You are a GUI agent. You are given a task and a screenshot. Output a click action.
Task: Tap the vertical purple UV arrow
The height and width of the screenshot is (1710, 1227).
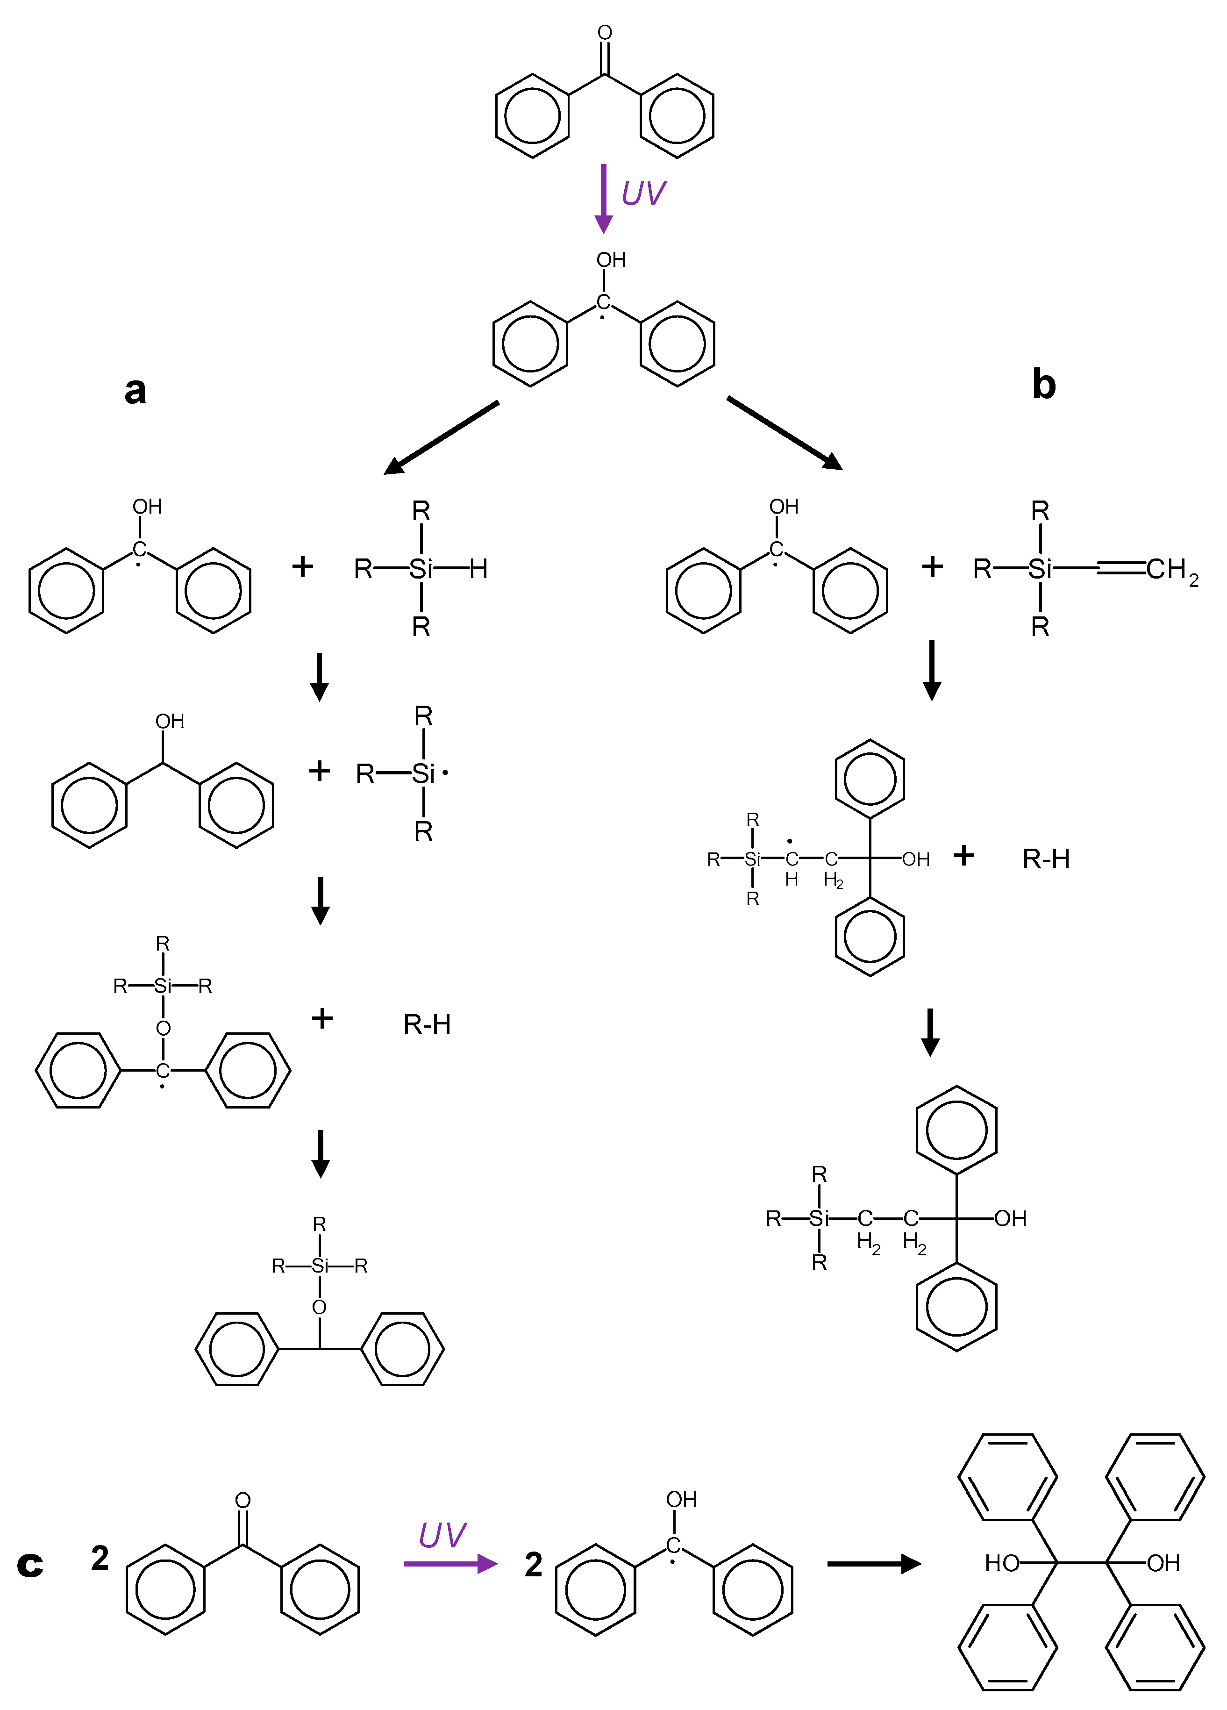tap(603, 198)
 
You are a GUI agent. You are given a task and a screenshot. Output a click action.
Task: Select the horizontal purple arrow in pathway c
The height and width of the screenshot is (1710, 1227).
tap(450, 1564)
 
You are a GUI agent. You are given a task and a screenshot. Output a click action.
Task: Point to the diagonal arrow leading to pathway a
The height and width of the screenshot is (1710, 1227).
tap(441, 437)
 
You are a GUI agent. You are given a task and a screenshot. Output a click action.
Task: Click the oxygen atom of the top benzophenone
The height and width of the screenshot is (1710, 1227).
tap(605, 32)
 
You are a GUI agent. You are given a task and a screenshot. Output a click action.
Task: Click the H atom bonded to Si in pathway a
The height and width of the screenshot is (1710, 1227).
tap(478, 569)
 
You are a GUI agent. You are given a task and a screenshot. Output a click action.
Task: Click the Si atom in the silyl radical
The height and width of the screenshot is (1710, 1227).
tap(423, 773)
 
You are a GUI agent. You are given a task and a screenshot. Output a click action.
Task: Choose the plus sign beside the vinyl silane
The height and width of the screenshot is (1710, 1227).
tap(932, 566)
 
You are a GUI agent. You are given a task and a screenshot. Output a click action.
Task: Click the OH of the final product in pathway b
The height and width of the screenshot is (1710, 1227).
tap(1010, 1218)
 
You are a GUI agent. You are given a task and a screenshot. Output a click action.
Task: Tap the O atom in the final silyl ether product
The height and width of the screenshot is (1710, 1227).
tap(320, 1307)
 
